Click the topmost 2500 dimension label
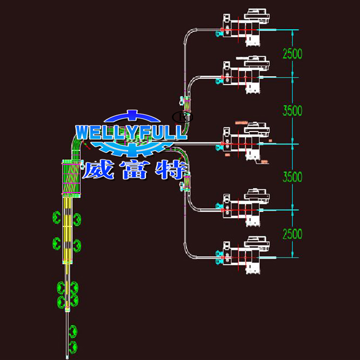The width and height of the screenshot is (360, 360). pyautogui.click(x=292, y=53)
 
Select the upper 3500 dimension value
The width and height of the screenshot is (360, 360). pyautogui.click(x=292, y=110)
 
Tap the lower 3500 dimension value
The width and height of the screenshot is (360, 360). pyautogui.click(x=292, y=177)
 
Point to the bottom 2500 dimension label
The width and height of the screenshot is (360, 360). pyautogui.click(x=292, y=234)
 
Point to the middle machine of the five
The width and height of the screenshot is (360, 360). pyautogui.click(x=245, y=142)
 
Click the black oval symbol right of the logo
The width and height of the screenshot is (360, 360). pyautogui.click(x=183, y=116)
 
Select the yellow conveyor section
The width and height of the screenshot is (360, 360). pyautogui.click(x=69, y=230)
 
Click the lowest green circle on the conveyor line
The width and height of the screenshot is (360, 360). pyautogui.click(x=72, y=346)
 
